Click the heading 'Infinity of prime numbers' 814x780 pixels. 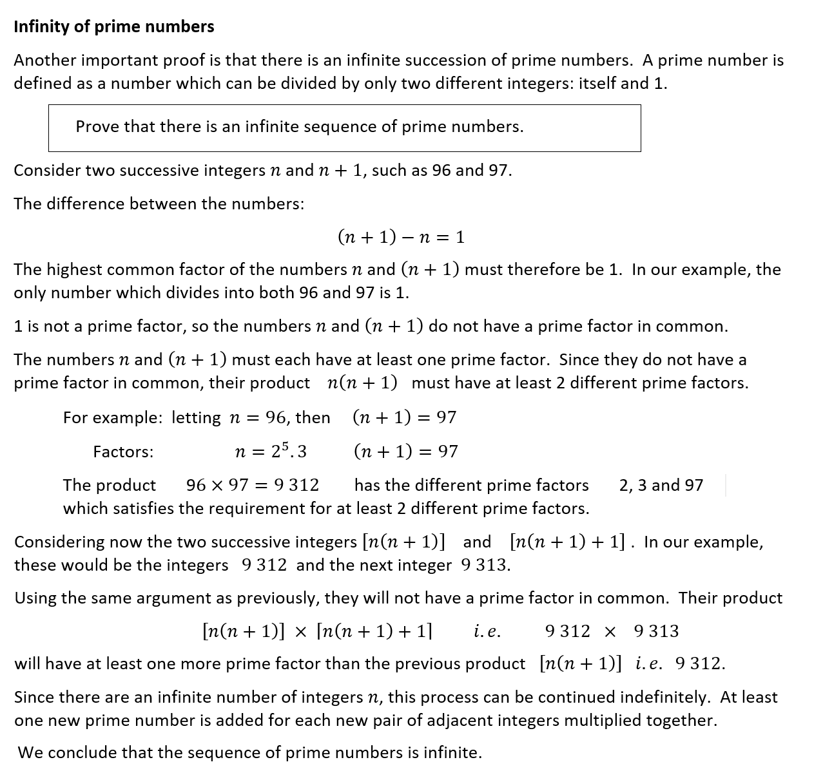[x=113, y=26]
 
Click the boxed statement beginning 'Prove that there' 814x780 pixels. [x=299, y=127]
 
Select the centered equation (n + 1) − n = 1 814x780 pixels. [x=400, y=238]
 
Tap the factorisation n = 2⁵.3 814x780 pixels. [x=271, y=452]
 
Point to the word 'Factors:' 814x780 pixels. [x=123, y=452]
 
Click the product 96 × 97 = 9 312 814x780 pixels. [x=252, y=485]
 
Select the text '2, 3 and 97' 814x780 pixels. [x=661, y=485]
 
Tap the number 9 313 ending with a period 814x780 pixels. [x=486, y=566]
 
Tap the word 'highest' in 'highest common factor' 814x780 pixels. [x=76, y=270]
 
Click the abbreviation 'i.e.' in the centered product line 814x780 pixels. [x=487, y=632]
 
